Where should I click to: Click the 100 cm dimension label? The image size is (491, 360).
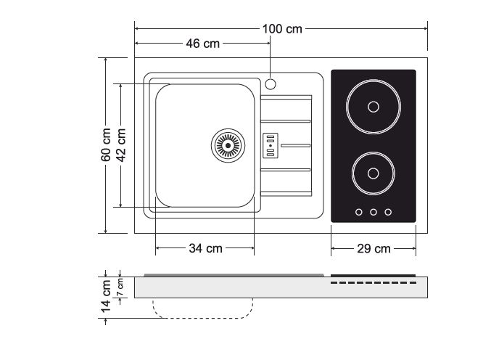tap(282, 29)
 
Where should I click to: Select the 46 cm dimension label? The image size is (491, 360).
tap(202, 44)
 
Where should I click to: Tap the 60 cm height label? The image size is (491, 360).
tap(106, 145)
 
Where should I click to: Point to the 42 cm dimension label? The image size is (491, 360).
tap(122, 145)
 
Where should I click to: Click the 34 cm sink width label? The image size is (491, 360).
tap(205, 248)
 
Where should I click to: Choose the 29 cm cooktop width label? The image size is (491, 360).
tap(374, 248)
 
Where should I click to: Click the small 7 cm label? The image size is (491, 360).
tap(121, 286)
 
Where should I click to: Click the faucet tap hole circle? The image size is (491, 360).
tap(271, 83)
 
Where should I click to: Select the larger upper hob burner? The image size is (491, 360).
tap(373, 107)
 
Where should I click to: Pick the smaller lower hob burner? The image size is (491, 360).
tap(373, 173)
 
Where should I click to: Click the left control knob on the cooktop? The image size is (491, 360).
tap(358, 212)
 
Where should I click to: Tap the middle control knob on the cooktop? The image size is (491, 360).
tap(373, 212)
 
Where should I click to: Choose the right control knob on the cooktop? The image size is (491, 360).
tap(388, 212)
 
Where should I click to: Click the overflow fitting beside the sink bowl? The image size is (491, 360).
tap(270, 145)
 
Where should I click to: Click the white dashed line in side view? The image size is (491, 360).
tap(373, 282)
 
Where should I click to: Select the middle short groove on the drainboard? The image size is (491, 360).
tap(296, 145)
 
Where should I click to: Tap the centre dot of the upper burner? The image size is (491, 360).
tap(373, 107)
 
